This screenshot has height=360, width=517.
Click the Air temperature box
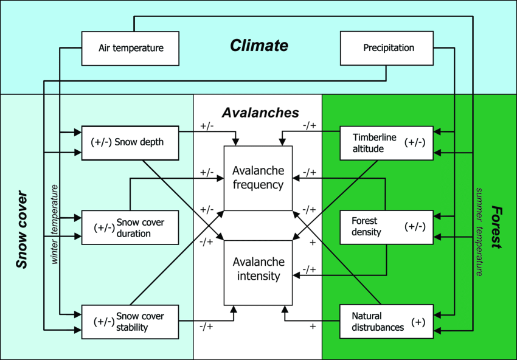pos(130,48)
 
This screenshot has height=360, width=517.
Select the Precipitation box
pos(387,48)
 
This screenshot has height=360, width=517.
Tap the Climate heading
pos(259,46)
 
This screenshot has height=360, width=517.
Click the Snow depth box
pos(130,143)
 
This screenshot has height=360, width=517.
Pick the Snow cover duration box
pos(130,227)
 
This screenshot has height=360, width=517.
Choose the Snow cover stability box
pos(130,322)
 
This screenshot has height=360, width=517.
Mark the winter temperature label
pos(55,224)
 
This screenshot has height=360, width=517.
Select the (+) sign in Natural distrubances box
pos(418,322)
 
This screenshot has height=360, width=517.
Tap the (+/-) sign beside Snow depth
pos(100,143)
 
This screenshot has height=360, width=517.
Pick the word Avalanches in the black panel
pos(260,113)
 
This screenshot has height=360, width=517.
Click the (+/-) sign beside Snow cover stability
pos(104,322)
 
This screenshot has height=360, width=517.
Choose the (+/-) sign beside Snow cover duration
pos(104,227)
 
